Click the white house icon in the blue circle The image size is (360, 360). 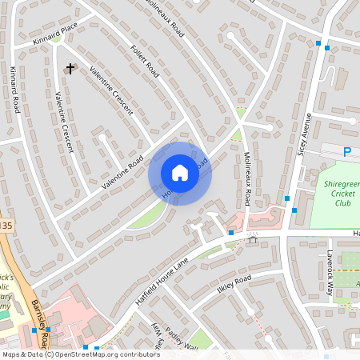coord(180,173)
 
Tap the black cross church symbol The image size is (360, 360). coord(70,69)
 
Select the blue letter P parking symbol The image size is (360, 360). coord(347,152)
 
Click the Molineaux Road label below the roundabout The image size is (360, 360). coord(247,181)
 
